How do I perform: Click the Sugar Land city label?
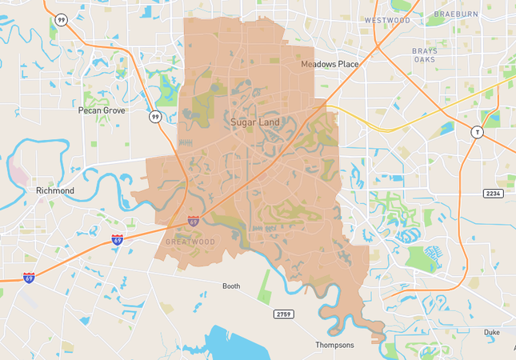(254, 122)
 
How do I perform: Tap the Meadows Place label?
(330, 64)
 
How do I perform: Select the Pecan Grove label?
(102, 110)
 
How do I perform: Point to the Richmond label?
(55, 190)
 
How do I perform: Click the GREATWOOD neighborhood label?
(190, 241)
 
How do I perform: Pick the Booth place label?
(231, 286)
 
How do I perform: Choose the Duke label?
(492, 331)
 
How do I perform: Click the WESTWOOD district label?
(387, 20)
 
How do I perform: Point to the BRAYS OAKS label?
(425, 54)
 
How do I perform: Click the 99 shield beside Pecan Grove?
(154, 117)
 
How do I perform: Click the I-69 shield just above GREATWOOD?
(194, 220)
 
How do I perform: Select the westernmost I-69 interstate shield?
(29, 278)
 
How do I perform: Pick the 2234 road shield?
(493, 194)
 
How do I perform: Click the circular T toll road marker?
(477, 132)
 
